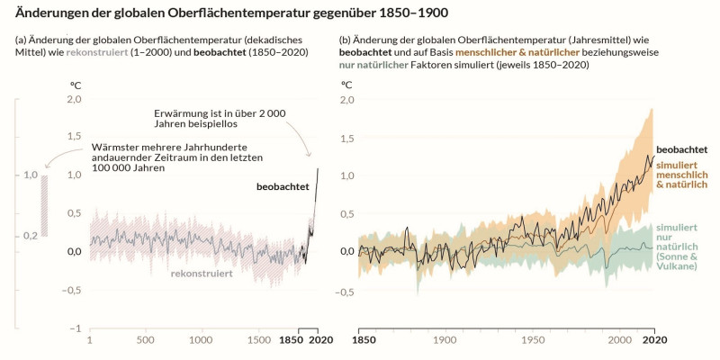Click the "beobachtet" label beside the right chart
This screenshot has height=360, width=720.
tap(681, 148)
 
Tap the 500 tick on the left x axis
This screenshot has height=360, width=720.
tap(145, 342)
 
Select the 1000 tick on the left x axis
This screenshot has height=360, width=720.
tap(202, 342)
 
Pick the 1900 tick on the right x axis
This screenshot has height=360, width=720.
tap(445, 342)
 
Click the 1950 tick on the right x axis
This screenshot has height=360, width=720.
tap(532, 342)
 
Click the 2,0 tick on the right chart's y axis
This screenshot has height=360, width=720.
tap(346, 99)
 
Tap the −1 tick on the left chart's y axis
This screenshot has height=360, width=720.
tap(78, 328)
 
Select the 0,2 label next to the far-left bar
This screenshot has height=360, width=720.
tap(31, 236)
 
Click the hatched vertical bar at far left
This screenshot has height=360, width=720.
tap(44, 206)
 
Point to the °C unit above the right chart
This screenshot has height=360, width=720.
tap(346, 85)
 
